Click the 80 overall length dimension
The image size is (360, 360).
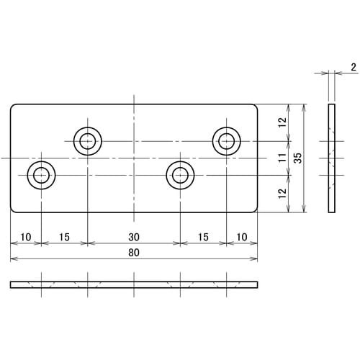[133, 253]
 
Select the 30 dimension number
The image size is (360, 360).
[133, 236]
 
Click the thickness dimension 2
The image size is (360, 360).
[354, 67]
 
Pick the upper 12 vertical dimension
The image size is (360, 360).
[283, 124]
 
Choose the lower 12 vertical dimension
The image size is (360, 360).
[283, 193]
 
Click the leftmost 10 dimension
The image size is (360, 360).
[25, 236]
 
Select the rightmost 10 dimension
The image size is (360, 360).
[241, 236]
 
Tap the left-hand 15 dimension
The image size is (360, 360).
[63, 236]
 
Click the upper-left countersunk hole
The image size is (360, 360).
[87, 140]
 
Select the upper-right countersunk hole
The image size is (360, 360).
[226, 140]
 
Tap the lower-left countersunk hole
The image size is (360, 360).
[41, 174]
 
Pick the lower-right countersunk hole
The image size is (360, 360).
[180, 174]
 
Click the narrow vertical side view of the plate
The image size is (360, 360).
[331, 158]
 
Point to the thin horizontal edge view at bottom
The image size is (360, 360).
[133, 284]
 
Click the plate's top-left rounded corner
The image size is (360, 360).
[13, 108]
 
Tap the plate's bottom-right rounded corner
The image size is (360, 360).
[254, 209]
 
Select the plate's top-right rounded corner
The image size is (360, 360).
[254, 108]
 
